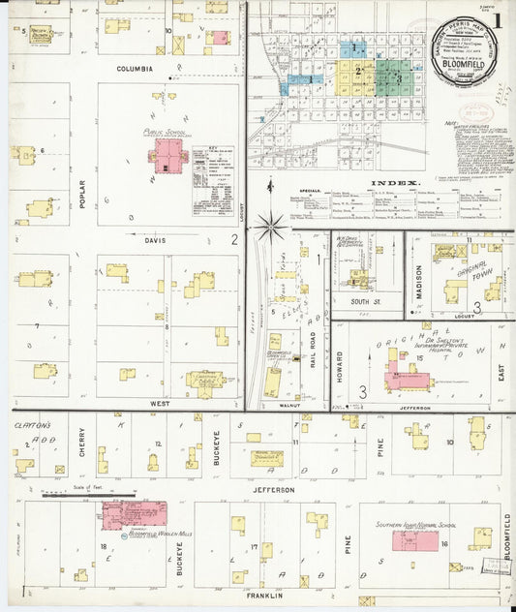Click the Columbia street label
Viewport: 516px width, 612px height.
(136, 70)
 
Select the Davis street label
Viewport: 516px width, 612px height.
(155, 240)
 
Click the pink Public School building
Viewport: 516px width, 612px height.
(168, 156)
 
